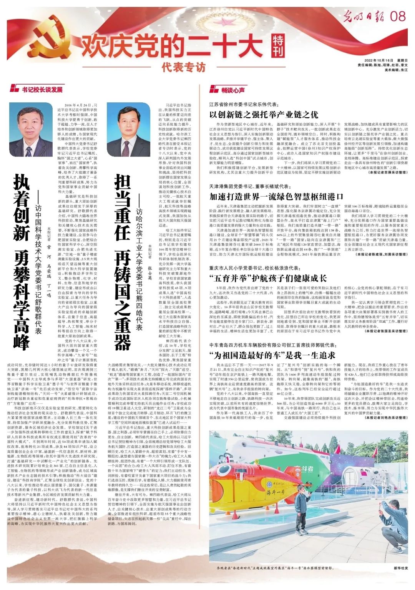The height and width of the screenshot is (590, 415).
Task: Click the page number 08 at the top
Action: pos(398,16)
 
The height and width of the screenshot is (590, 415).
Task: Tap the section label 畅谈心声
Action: pos(227,90)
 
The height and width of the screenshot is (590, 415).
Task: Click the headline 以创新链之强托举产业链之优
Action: pos(264,115)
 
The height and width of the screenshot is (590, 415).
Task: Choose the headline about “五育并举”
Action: pos(268,278)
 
